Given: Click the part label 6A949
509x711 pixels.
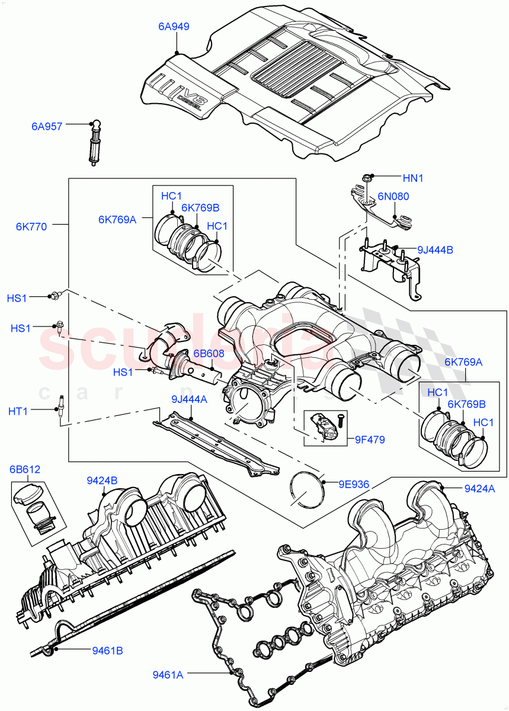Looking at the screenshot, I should point(173,27).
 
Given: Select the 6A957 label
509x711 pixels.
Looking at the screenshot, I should point(47,126).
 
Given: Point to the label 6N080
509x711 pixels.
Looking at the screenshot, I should point(393,196).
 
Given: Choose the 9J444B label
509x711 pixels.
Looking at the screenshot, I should point(435,250).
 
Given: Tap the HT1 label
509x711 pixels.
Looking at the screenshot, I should point(17,410).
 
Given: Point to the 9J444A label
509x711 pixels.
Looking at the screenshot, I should point(190,399).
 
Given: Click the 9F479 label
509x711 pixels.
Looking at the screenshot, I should point(370,440).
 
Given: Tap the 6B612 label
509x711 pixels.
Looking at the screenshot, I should point(25,470).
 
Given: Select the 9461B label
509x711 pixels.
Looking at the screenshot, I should point(107,651).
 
